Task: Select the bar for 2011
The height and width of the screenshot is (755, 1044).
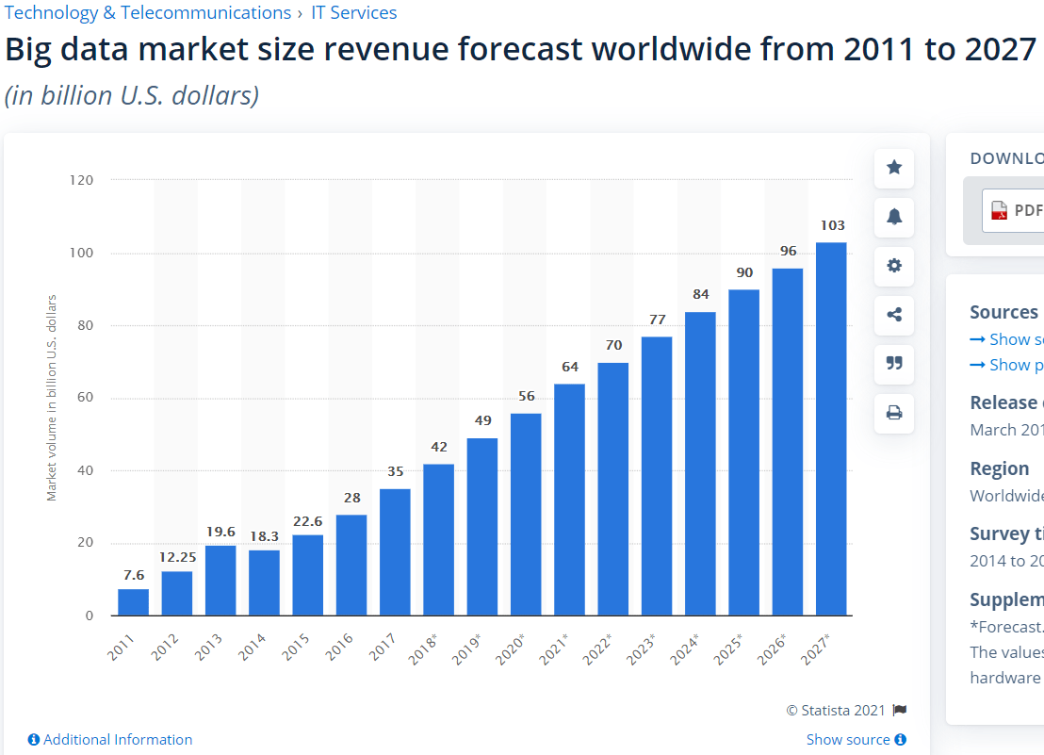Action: coord(133,602)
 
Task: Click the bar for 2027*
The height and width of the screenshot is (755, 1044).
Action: coord(831,429)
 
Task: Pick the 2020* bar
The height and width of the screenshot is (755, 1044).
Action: coord(526,514)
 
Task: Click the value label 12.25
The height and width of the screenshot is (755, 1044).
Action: coord(177,557)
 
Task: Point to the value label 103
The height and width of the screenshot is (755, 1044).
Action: coord(832,225)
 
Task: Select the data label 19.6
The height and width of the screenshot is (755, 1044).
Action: coord(220,532)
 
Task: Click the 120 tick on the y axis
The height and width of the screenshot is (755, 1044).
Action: coord(82,180)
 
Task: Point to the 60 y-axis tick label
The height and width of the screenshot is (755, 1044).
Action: coord(86,398)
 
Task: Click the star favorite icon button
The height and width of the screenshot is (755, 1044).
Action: coord(894,168)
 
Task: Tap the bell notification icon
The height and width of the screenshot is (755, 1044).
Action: coord(894,217)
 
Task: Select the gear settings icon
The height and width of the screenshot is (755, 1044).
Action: coord(894,266)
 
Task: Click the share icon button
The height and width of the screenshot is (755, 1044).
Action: coord(894,315)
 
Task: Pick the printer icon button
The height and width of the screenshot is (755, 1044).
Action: coord(894,412)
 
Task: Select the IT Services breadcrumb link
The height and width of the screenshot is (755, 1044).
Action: coord(354,13)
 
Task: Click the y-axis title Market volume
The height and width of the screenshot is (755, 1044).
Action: coord(52,398)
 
